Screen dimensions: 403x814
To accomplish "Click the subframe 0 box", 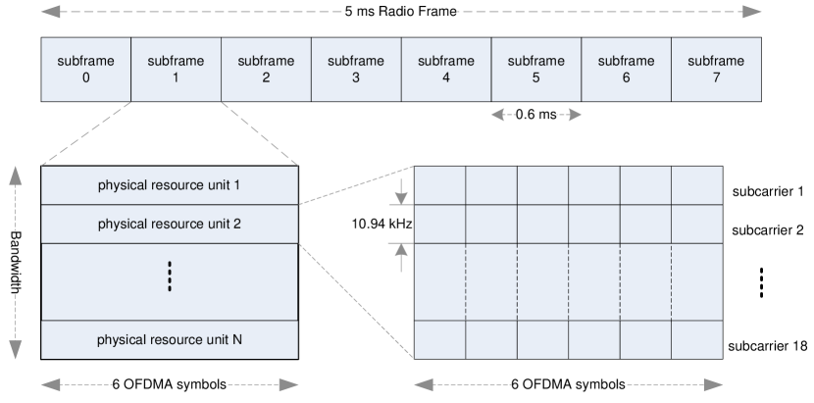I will click(85, 69).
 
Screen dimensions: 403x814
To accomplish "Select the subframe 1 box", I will click(176, 69).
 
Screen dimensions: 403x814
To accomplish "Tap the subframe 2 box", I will click(266, 69).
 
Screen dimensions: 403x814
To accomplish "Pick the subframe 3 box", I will click(356, 69).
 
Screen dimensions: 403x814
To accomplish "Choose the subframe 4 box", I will click(446, 69).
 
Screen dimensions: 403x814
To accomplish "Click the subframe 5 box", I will click(536, 69).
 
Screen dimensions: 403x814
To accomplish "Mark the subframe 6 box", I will click(626, 69).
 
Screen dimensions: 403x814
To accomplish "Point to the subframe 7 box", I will click(716, 69).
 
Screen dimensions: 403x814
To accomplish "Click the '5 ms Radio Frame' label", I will click(401, 13).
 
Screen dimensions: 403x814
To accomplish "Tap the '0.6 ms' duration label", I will click(536, 115).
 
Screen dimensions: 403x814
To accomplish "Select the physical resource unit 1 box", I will click(170, 185).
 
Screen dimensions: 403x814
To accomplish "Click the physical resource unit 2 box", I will click(170, 224).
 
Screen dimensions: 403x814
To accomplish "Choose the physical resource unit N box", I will click(170, 339).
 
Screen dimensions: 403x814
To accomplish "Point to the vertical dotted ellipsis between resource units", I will click(170, 277).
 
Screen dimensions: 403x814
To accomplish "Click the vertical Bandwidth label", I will click(16, 263).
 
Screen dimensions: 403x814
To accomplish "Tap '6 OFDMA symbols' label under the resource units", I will click(170, 384).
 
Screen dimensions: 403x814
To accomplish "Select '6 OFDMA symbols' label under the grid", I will click(569, 384).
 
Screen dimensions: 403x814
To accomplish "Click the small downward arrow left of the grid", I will click(400, 196).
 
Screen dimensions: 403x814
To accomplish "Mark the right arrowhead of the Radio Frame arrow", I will click(753, 13).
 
